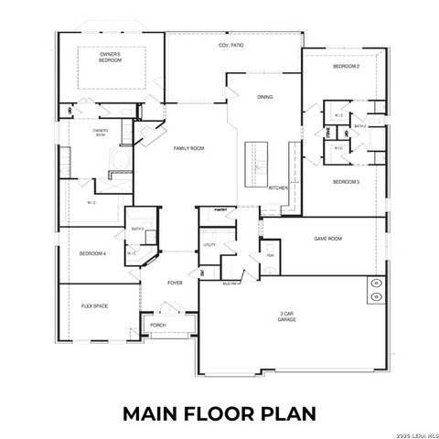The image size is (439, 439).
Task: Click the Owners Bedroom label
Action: (110, 57)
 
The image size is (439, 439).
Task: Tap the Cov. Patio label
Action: (230, 45)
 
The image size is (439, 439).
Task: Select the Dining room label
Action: (264, 97)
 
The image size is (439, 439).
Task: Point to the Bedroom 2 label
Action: (345, 67)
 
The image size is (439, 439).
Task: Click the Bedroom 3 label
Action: (345, 182)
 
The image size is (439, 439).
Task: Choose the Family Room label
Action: (188, 147)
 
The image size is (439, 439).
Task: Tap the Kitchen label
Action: (278, 187)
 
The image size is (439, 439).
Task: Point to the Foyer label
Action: (175, 283)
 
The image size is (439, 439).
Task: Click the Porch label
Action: (157, 325)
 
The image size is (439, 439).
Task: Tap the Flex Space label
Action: (94, 305)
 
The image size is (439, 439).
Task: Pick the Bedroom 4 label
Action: (92, 253)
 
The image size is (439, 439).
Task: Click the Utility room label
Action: (209, 245)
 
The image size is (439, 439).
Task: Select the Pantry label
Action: (220, 209)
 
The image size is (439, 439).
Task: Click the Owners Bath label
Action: (101, 133)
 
